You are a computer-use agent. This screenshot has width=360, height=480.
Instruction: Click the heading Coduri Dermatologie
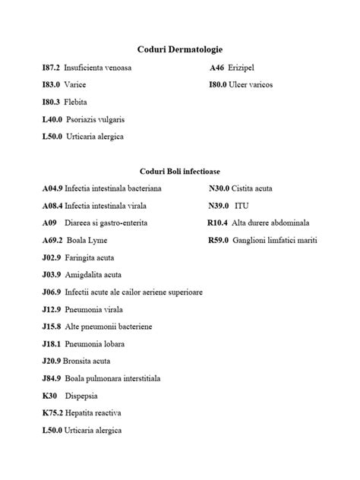pyautogui.click(x=179, y=49)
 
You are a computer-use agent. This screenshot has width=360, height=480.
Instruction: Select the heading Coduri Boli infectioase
pyautogui.click(x=179, y=171)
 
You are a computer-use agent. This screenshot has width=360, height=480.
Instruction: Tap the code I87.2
pyautogui.click(x=51, y=68)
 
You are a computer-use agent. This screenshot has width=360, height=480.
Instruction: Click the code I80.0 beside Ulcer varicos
pyautogui.click(x=218, y=84)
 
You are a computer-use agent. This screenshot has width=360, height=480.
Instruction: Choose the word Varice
pyautogui.click(x=75, y=84)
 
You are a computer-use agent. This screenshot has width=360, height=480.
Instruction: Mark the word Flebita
pyautogui.click(x=76, y=102)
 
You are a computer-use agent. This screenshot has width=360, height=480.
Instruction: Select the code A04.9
pyautogui.click(x=52, y=188)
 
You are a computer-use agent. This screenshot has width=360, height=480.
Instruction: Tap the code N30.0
pyautogui.click(x=219, y=188)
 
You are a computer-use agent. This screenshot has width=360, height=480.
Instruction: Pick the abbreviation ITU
pyautogui.click(x=242, y=206)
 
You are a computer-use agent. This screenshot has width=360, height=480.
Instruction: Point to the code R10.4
pyautogui.click(x=217, y=223)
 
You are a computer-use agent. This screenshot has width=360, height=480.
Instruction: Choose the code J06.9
pyautogui.click(x=52, y=292)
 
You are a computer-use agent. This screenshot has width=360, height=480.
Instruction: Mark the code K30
pyautogui.click(x=49, y=396)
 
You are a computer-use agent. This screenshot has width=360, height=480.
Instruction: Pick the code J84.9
pyautogui.click(x=52, y=378)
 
